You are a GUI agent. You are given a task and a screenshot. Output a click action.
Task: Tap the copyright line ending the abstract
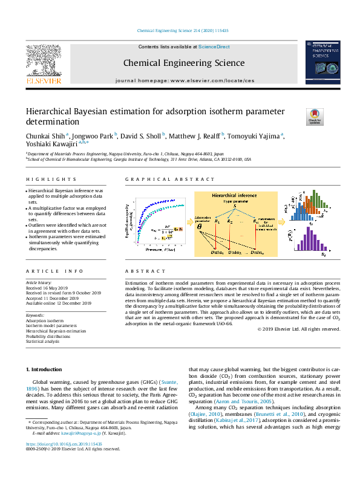pos(298,329)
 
